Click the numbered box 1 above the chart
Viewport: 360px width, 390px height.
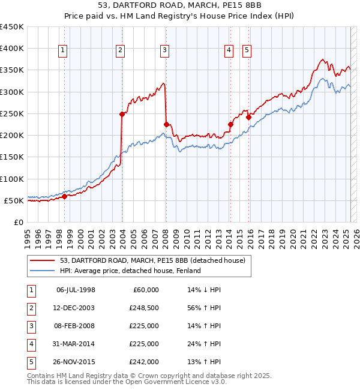[64, 51]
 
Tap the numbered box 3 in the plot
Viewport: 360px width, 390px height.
[164, 51]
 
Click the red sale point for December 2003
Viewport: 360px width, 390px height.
[122, 114]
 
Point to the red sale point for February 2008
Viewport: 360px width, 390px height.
[166, 124]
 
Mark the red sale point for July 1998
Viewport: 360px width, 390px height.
[64, 196]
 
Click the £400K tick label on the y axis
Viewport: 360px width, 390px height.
[12, 49]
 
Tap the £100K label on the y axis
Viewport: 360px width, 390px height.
[12, 179]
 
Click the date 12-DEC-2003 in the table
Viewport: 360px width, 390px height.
[76, 308]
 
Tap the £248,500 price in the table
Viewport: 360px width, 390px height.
[145, 308]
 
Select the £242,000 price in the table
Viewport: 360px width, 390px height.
[145, 362]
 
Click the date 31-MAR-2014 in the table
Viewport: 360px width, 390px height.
[76, 344]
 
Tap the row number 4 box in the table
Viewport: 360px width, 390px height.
[30, 344]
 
